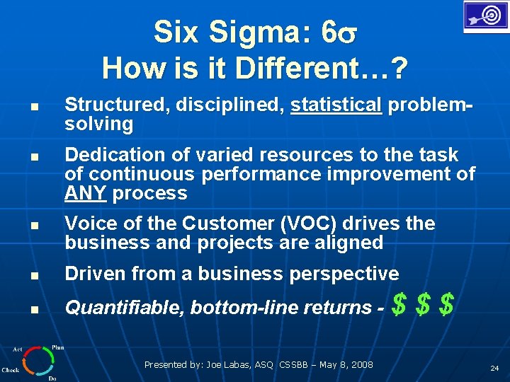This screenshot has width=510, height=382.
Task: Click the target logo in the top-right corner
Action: pos(485,16)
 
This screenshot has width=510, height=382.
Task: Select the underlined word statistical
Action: pos(336,105)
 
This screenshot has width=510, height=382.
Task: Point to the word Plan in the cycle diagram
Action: pos(57,347)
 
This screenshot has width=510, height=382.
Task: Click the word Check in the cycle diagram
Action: pos(11,369)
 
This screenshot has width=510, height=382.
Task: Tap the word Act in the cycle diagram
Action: pos(17,349)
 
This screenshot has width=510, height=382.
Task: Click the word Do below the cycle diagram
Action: pos(52,378)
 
